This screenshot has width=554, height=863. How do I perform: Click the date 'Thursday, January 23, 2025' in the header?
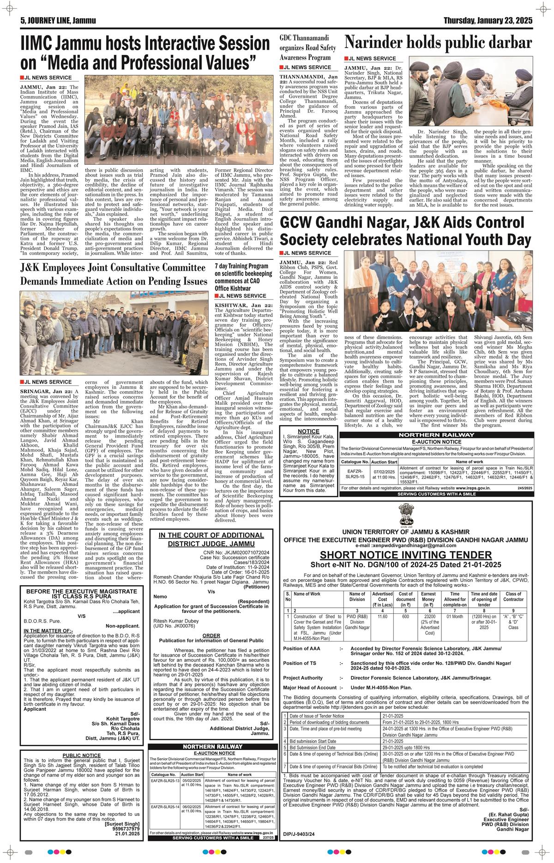click(x=488, y=21)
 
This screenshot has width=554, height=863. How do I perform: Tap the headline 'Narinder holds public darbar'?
click(x=438, y=43)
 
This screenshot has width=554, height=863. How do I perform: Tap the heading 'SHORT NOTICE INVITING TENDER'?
click(x=412, y=554)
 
